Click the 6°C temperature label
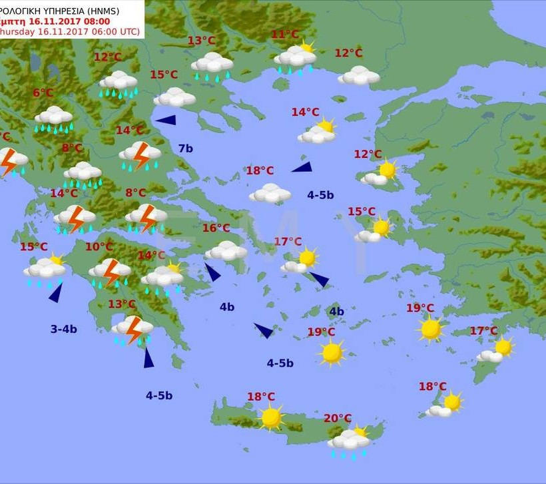[43, 93]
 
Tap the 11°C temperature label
[285, 35]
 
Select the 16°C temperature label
[216, 228]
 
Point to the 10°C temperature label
[99, 247]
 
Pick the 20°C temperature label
[338, 419]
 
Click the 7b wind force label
[185, 148]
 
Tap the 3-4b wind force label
[64, 329]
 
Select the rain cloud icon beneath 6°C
[54, 119]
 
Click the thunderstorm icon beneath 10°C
[111, 272]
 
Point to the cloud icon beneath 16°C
[226, 251]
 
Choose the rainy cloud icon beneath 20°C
[350, 442]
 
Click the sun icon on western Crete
[271, 417]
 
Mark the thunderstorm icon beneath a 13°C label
[133, 329]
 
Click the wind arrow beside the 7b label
[166, 121]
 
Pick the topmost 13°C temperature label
[201, 41]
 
